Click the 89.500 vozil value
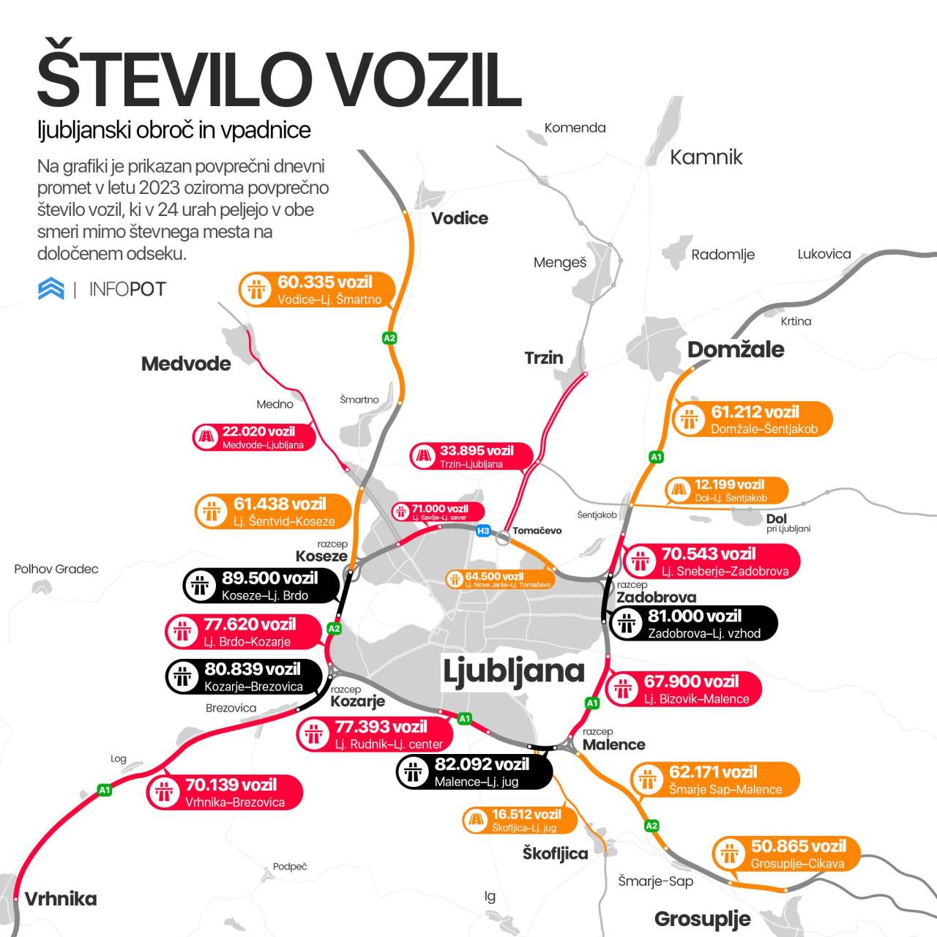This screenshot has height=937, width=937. [269, 578]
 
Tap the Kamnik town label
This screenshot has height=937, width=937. [706, 157]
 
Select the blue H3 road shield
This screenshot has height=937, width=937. [483, 531]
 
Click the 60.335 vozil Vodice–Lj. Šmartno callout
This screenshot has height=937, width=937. [317, 290]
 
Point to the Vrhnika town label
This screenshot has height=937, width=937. [60, 899]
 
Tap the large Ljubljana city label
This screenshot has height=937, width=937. [513, 671]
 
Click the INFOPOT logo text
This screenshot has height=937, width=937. [127, 289]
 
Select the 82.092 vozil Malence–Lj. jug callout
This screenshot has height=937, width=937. [474, 772]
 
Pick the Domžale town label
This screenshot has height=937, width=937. [736, 350]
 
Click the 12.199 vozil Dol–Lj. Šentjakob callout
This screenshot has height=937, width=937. [726, 490]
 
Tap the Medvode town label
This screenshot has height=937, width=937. [186, 364]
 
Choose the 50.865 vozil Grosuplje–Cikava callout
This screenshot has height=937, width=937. [785, 854]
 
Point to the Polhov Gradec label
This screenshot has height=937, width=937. [56, 569]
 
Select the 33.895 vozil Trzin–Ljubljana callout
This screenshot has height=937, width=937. [471, 456]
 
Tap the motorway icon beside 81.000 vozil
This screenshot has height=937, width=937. [627, 624]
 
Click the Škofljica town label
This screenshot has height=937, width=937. [555, 854]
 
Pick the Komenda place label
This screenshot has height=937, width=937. [575, 128]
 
